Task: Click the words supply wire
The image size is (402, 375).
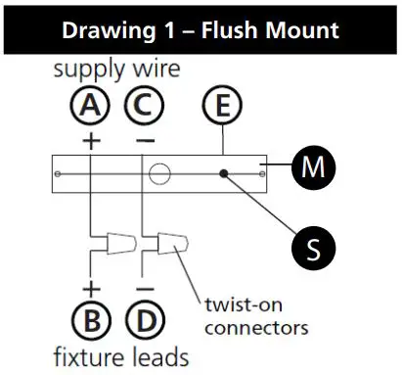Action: point(116,70)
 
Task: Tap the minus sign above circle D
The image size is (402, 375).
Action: point(143,289)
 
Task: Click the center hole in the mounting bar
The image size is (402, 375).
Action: point(158,175)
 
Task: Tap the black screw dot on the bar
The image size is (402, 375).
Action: point(225,175)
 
